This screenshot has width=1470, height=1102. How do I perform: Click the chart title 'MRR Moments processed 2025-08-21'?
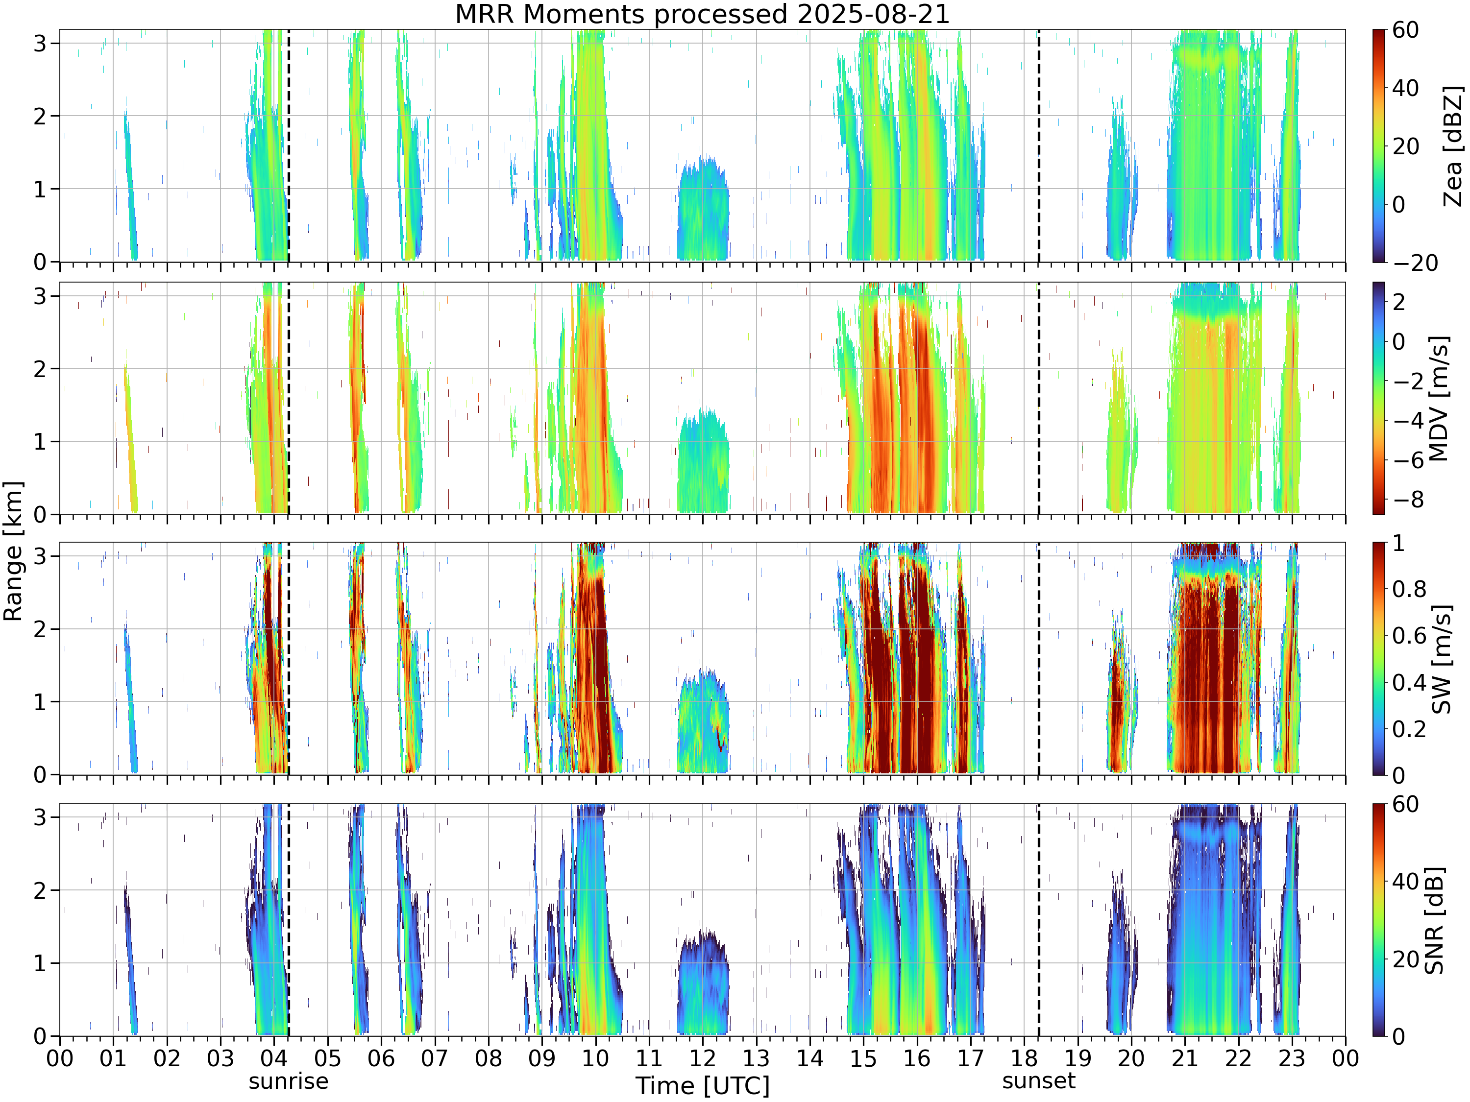(703, 15)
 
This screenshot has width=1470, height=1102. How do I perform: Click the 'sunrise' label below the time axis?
(289, 1082)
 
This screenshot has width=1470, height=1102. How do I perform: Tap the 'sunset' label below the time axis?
(1039, 1081)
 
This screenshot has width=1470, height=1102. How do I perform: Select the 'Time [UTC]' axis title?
(703, 1086)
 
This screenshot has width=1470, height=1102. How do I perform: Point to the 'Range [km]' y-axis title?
(13, 551)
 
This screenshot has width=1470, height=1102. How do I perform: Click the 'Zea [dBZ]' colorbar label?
(1453, 146)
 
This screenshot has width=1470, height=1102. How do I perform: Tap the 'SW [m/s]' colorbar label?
(1441, 659)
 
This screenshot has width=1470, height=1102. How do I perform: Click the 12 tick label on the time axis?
(703, 1058)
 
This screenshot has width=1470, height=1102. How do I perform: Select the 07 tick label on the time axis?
(435, 1058)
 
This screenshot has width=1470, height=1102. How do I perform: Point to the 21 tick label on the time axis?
(1185, 1058)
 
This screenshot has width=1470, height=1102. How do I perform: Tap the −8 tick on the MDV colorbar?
(1408, 500)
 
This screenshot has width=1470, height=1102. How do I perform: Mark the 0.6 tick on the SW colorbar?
(1409, 636)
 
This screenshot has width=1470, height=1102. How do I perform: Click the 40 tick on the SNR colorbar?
(1405, 882)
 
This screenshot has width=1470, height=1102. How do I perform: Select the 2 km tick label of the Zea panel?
(41, 116)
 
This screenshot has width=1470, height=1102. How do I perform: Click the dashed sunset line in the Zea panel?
(1039, 145)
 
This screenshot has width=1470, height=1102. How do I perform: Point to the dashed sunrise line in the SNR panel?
(289, 920)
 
